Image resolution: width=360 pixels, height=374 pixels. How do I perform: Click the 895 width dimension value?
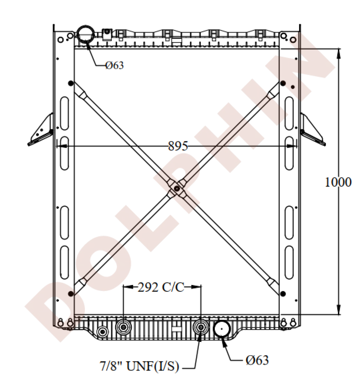pyautogui.click(x=178, y=146)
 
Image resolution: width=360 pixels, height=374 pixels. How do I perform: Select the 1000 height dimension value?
pyautogui.click(x=338, y=182)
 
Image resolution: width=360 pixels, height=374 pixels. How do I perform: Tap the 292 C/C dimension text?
pyautogui.click(x=161, y=287)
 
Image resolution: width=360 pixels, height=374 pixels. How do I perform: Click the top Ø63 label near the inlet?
pyautogui.click(x=115, y=65)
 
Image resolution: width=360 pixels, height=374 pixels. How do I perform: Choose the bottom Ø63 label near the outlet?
pyautogui.click(x=257, y=360)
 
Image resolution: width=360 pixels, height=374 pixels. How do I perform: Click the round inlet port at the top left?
pyautogui.click(x=85, y=34)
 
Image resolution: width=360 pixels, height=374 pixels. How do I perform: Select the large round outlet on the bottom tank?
pyautogui.click(x=222, y=329)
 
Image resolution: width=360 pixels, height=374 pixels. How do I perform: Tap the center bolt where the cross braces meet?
pyautogui.click(x=177, y=188)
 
